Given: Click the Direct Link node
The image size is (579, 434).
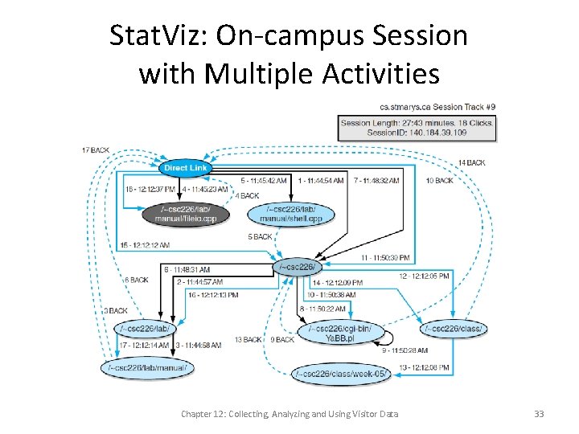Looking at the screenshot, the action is click(x=186, y=168).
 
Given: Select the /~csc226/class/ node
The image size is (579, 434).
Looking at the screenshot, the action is click(x=453, y=328).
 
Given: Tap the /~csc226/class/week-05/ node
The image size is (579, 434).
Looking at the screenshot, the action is click(x=341, y=373).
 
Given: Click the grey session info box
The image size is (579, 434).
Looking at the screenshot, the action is click(x=417, y=127).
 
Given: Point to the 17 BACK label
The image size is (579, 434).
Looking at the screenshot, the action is click(x=95, y=150).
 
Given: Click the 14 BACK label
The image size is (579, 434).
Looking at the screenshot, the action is click(x=471, y=163).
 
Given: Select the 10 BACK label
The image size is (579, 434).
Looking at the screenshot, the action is click(x=439, y=181).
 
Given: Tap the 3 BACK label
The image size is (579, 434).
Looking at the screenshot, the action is click(x=116, y=310).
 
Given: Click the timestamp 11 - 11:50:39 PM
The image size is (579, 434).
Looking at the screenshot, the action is click(x=385, y=257).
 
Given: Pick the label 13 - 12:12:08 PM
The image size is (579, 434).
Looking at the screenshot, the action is click(x=423, y=366).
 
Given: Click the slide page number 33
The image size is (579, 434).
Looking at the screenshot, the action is click(x=539, y=414).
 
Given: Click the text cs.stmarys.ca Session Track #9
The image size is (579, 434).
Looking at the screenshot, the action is click(x=437, y=107).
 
